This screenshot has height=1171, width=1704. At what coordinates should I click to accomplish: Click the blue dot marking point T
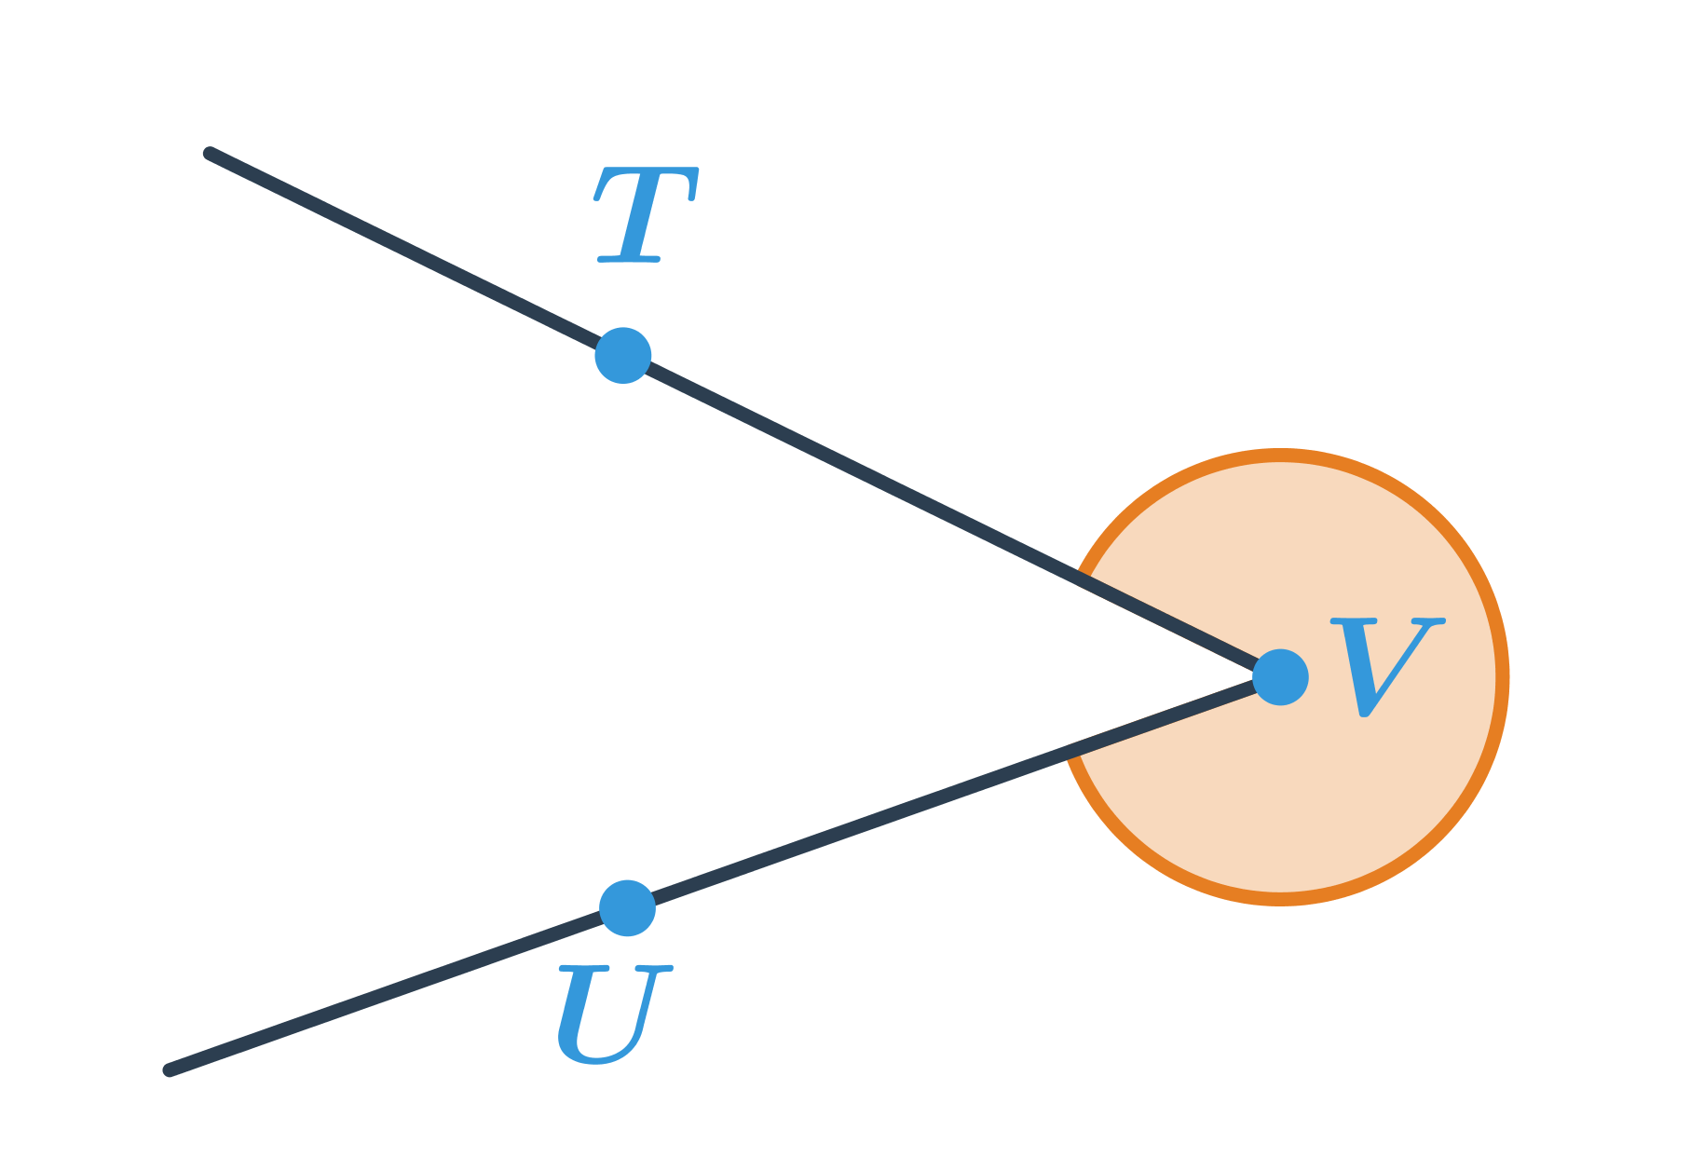coord(622,355)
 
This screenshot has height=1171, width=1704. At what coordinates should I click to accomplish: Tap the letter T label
coord(645,215)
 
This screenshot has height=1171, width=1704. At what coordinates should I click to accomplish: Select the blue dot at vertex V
coord(1280,677)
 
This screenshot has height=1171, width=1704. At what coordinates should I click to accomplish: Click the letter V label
coord(1385,666)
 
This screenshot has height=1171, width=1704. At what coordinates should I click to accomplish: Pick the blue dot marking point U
coord(627,908)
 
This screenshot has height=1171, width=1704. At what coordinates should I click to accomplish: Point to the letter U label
coord(612,1014)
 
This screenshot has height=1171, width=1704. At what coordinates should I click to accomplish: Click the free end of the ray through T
coord(210,154)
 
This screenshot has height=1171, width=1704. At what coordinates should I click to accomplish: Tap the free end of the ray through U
coord(170,1070)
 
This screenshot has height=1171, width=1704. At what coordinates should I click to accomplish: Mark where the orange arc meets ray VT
coord(1081,579)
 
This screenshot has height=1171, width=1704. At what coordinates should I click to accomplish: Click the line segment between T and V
coord(950,516)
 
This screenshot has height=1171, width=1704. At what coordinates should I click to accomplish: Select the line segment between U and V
coord(950,793)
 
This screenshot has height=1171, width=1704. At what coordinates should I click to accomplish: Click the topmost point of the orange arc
coord(1280,456)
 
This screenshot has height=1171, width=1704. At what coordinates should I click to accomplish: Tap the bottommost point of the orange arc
coord(1280,899)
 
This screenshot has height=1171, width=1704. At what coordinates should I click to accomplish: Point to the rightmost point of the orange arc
coord(1502,677)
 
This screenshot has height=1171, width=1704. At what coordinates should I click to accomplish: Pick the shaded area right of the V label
coord(1470,677)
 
